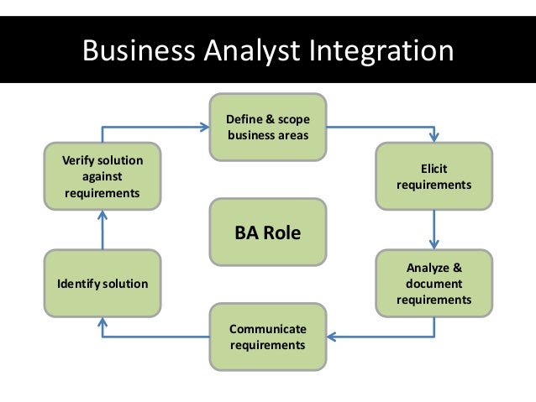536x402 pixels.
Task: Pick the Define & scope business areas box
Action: (267, 128)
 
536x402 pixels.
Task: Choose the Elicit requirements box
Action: (434, 175)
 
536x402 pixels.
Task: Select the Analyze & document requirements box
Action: (434, 283)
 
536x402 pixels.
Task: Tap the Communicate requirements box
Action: (267, 337)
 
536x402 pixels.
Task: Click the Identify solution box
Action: (102, 283)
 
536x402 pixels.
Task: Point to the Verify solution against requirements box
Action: (102, 175)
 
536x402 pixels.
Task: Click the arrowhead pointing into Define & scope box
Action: (204, 128)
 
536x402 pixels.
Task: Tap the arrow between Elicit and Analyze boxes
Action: (434, 228)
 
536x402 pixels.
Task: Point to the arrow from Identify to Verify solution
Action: (102, 228)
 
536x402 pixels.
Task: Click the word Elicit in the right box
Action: (434, 168)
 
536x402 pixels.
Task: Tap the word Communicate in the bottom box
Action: (267, 329)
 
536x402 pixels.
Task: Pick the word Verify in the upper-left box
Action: (69, 160)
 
